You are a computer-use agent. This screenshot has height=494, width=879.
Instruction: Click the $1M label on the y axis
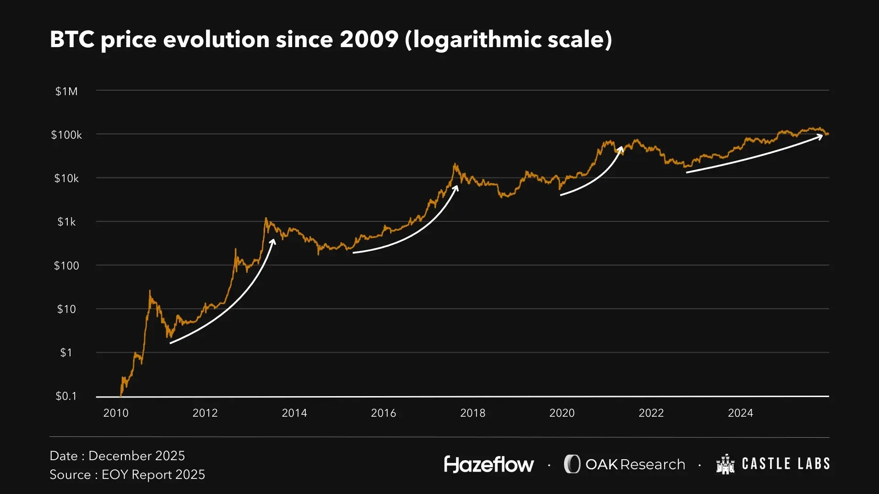[66, 91]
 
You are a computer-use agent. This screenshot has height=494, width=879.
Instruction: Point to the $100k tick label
[66, 135]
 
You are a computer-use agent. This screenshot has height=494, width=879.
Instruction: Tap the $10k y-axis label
[66, 178]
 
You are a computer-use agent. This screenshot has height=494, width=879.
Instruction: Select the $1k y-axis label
[66, 222]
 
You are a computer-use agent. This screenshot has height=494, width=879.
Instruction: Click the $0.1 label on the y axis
[66, 396]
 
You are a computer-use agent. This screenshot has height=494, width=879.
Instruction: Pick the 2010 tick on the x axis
[116, 413]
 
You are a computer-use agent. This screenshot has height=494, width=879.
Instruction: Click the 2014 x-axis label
[294, 413]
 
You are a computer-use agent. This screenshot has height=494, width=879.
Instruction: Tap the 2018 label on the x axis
[472, 413]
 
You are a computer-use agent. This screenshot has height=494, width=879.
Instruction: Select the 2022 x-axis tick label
[651, 413]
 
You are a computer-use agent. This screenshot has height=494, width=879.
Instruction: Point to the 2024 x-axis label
[740, 413]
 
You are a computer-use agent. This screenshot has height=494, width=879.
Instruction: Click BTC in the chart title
[72, 39]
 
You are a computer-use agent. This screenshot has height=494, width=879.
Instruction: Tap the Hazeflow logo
[488, 464]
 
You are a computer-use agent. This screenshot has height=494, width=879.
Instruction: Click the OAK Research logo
[624, 464]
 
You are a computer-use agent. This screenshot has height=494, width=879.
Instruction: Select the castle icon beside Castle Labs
[725, 464]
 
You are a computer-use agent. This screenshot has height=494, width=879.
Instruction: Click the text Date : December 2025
[117, 456]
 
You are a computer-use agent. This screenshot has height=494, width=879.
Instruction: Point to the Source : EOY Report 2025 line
[127, 475]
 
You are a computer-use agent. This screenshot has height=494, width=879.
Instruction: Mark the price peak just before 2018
[455, 164]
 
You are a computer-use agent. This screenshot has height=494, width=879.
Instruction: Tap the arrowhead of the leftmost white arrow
[273, 241]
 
